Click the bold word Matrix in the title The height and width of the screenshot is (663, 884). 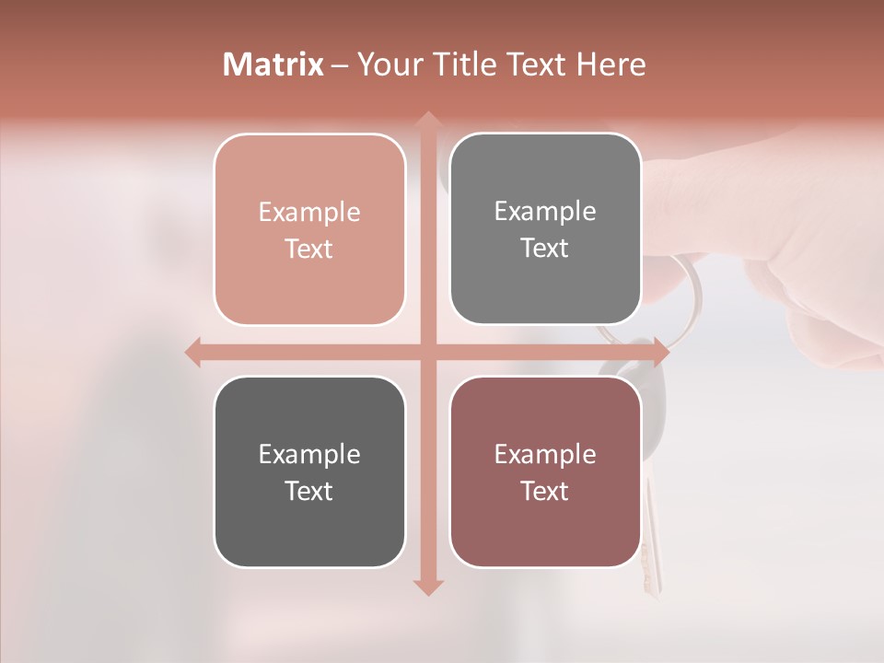[x=273, y=64]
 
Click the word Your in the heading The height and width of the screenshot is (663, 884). [x=387, y=64]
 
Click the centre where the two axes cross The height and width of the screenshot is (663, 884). [x=427, y=352]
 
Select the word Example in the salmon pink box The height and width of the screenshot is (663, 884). [x=309, y=213]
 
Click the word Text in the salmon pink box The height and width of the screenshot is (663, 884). [x=309, y=250]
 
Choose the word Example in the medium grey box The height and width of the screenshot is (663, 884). [x=545, y=212]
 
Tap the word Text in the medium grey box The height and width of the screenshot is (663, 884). [x=545, y=249]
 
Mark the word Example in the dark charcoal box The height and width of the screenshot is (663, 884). [x=309, y=455]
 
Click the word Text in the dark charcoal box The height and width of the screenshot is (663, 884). [x=309, y=492]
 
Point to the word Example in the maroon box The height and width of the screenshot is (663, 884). [x=545, y=455]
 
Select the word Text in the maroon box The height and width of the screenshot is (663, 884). [x=545, y=492]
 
